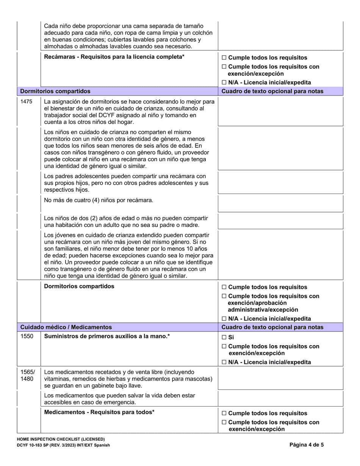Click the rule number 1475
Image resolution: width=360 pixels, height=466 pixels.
tap(26, 102)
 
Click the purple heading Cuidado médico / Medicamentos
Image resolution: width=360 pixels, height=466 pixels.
tap(66, 327)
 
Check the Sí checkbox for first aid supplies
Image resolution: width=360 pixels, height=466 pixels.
tap(224, 337)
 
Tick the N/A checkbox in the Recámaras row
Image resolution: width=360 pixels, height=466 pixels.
tap(224, 83)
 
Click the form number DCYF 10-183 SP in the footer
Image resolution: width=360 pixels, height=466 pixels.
tap(36, 445)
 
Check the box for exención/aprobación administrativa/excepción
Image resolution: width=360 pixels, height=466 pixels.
tap(224, 296)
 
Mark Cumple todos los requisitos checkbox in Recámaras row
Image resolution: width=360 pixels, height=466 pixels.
tap(224, 58)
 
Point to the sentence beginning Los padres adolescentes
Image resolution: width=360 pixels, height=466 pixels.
tap(125, 183)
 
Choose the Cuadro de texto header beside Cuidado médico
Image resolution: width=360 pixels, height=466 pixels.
tap(272, 327)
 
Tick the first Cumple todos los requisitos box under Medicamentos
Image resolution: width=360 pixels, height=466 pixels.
tap(224, 413)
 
